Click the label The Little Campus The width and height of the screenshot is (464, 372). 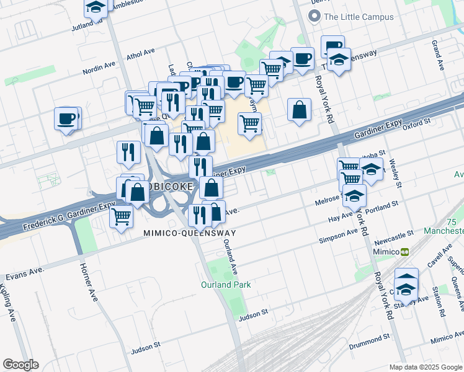pyautogui.click(x=359, y=17)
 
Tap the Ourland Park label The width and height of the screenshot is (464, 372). pyautogui.click(x=225, y=285)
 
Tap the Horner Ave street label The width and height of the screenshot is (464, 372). pyautogui.click(x=89, y=282)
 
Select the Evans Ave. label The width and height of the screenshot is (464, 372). pyautogui.click(x=25, y=273)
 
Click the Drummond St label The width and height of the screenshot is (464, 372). pyautogui.click(x=368, y=337)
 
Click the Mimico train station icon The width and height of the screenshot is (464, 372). pyautogui.click(x=404, y=252)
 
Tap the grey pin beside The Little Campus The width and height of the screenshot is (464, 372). pyautogui.click(x=315, y=17)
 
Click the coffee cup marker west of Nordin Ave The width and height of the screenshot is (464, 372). pyautogui.click(x=66, y=118)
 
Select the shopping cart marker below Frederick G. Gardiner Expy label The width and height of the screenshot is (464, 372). pyautogui.click(x=121, y=217)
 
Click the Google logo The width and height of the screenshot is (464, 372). pyautogui.click(x=20, y=365)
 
